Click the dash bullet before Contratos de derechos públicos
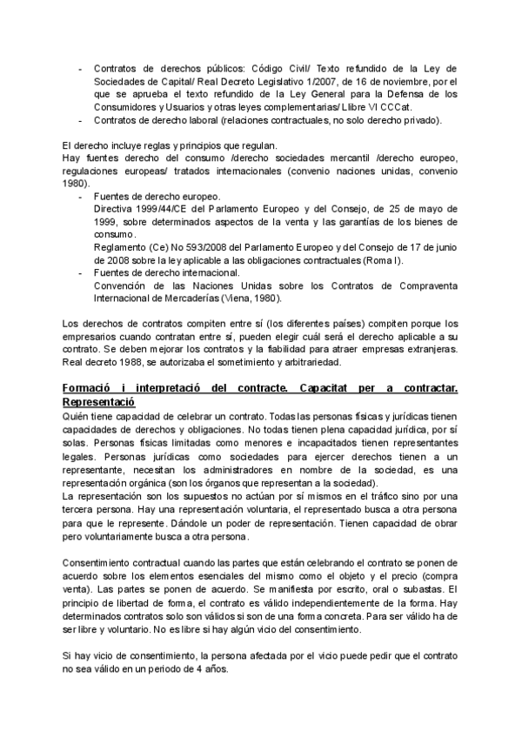pyautogui.click(x=82, y=69)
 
